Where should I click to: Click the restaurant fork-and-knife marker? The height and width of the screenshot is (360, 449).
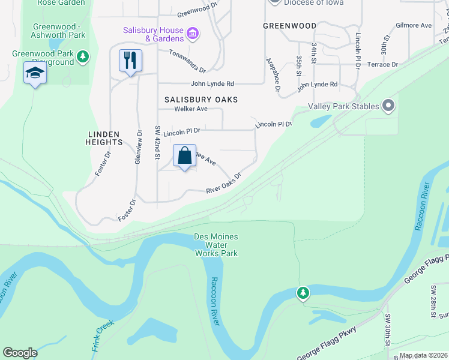130,61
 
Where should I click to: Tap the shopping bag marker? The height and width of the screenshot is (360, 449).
185,155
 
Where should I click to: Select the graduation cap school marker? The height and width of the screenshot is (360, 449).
35,73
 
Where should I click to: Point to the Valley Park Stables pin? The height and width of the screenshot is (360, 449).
388,107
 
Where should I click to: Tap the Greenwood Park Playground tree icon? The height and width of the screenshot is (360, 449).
83,58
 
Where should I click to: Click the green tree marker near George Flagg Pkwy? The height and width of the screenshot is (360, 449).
304,293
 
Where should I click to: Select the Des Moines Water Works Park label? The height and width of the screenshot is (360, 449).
216,245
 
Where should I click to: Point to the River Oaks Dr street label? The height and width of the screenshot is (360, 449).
223,184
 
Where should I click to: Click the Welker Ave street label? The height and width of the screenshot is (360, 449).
190,109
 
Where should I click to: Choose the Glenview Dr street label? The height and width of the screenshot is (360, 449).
138,147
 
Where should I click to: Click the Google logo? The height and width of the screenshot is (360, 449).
20,353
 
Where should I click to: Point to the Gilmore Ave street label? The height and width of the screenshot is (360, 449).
414,26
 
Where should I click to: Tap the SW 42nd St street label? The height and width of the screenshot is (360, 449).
158,143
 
